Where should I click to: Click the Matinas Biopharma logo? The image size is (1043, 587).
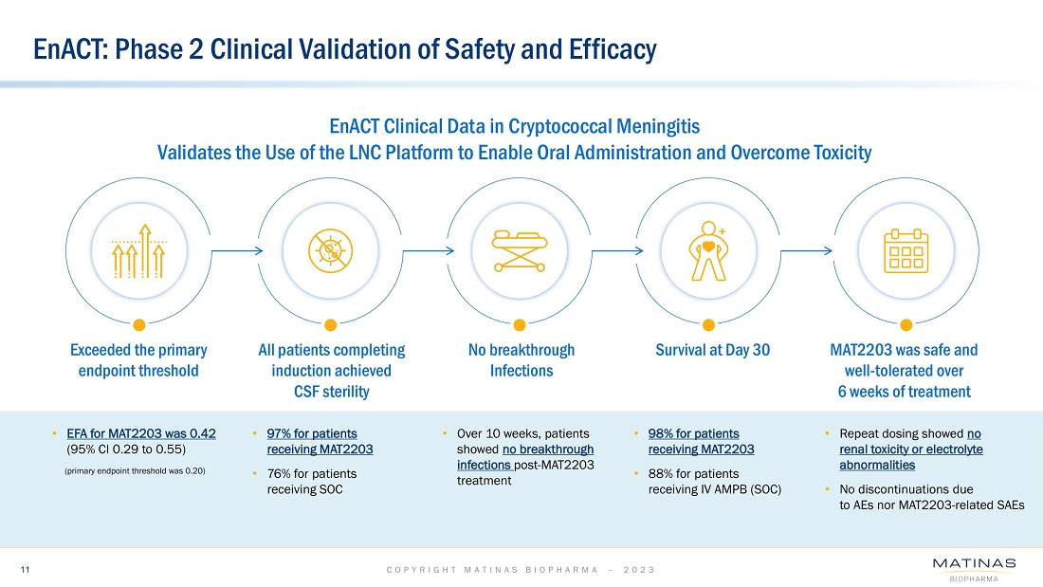[x=974, y=568]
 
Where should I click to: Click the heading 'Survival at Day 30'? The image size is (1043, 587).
[x=713, y=350]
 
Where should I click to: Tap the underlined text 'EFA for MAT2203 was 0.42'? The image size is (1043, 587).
[x=141, y=433]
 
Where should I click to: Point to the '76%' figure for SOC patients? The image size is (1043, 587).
[x=279, y=474]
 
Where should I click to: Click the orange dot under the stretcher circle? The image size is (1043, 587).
[x=521, y=321]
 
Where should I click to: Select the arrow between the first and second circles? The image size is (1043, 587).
[x=234, y=250]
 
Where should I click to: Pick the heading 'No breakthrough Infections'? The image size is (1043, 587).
[x=521, y=360]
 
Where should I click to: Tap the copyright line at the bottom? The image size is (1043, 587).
[x=521, y=569]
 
